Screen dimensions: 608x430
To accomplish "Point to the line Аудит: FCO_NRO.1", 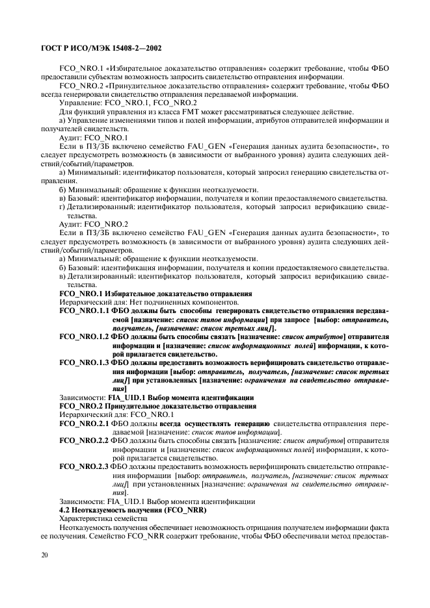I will (93, 138).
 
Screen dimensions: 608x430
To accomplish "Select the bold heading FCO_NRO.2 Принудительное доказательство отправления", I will (157, 406).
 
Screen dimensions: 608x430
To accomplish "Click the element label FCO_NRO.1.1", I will (84, 312).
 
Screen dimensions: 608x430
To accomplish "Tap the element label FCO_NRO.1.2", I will (84, 338).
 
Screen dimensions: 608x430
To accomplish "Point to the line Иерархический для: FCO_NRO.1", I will (116, 414).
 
